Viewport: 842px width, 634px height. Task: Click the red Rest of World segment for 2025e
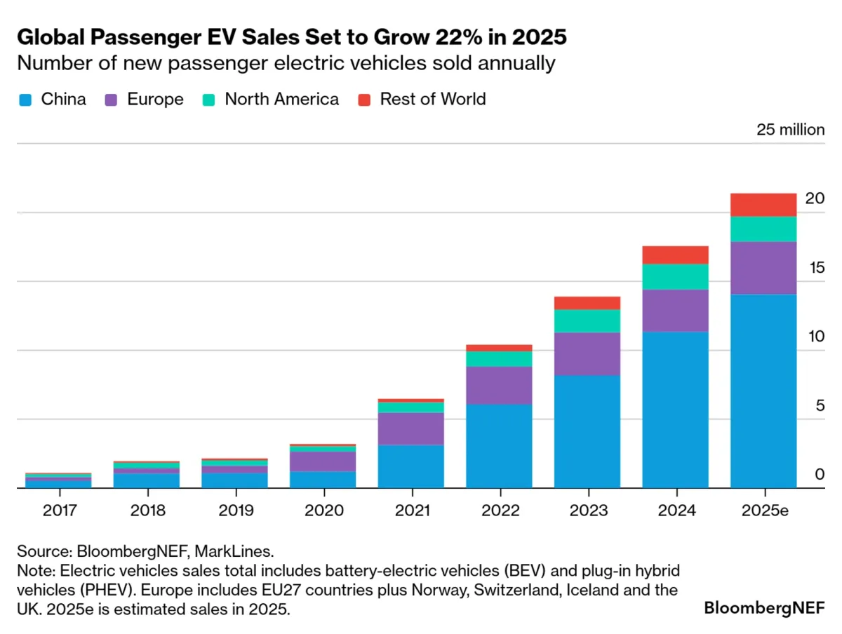(763, 205)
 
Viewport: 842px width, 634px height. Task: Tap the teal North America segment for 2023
(587, 321)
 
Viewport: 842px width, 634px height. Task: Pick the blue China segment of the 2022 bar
(499, 446)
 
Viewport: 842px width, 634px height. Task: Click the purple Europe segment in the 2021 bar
(410, 429)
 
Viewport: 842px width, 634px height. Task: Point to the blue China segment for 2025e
(763, 391)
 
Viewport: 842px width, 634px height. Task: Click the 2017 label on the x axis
(58, 511)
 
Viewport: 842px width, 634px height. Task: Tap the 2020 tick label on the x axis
(323, 511)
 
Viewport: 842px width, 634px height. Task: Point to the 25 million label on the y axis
(790, 130)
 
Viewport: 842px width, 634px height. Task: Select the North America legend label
(281, 99)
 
